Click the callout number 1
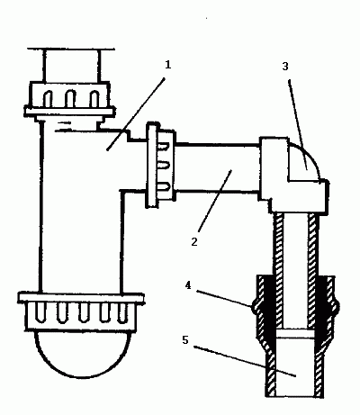tap(167, 65)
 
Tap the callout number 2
tap(194, 242)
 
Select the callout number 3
tap(285, 67)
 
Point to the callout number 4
tap(188, 285)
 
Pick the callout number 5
tap(185, 340)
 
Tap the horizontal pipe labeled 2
tap(217, 167)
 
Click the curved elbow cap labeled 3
tap(303, 162)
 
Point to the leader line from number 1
tap(136, 114)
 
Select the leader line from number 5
tap(245, 361)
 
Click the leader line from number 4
tap(224, 298)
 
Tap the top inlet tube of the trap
tap(70, 66)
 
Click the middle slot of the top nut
tap(70, 98)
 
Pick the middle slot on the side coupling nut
tap(164, 165)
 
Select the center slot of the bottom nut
tap(84, 313)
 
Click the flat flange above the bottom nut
tap(81, 298)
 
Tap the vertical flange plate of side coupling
tap(152, 165)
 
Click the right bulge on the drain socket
tap(337, 306)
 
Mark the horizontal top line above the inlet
tap(71, 49)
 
